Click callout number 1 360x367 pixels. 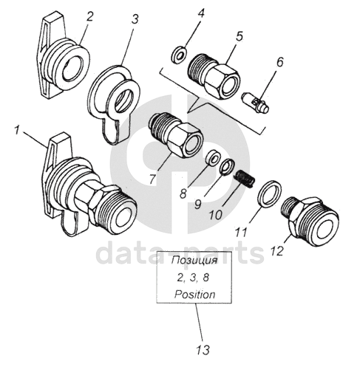tap(17, 130)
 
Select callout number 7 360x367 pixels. tap(153, 179)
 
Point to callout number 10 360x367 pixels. tap(216, 215)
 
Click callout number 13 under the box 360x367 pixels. tap(203, 350)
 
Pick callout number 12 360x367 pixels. tap(276, 251)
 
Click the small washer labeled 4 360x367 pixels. tap(179, 55)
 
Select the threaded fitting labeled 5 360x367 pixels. tap(214, 76)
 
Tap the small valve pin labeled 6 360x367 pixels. tap(255, 103)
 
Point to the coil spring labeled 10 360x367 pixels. tap(244, 179)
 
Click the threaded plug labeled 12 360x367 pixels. tap(310, 221)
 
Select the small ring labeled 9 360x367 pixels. tap(227, 167)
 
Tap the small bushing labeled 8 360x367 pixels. tap(212, 157)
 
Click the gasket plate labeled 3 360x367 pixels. tap(113, 103)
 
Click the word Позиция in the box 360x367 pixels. tap(194, 261)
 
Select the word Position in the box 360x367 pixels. tap(194, 295)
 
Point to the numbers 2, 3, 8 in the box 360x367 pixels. tap(193, 278)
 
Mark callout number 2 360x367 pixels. tap(89, 17)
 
